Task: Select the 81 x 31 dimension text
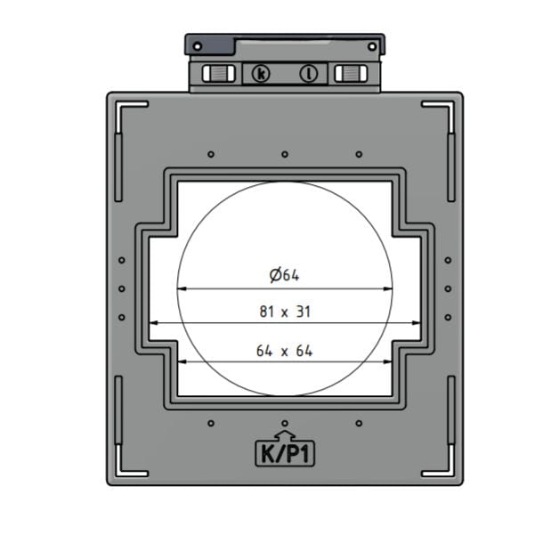284,312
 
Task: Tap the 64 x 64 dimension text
284,351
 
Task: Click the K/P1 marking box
284,454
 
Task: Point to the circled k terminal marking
260,74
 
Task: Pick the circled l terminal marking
309,74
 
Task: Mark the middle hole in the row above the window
285,154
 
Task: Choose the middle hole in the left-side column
122,288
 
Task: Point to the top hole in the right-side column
448,261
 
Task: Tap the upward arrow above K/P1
284,434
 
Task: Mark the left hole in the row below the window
210,423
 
